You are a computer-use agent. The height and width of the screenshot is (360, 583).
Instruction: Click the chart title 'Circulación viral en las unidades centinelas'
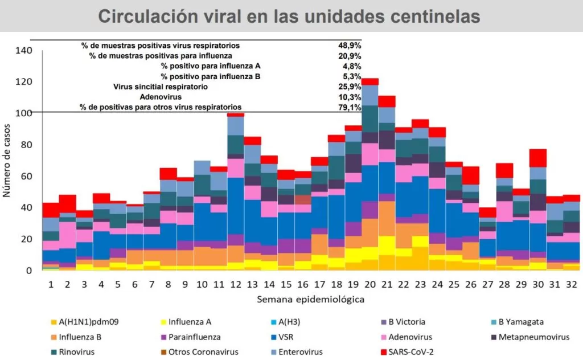tap(289, 17)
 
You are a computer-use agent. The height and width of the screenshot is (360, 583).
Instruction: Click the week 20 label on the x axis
tap(370, 284)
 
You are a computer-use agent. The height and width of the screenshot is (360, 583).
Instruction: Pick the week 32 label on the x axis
tap(570, 284)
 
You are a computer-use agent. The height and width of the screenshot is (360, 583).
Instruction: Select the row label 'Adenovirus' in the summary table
tap(161, 97)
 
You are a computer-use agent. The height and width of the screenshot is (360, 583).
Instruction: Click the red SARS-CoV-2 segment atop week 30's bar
tap(538, 158)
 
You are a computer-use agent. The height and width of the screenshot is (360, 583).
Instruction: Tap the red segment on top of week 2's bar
tap(68, 203)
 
